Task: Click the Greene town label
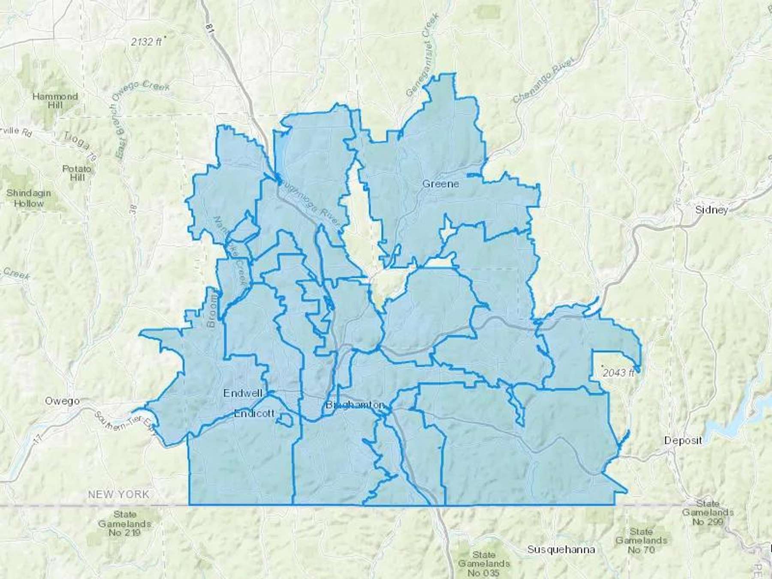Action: click(x=440, y=184)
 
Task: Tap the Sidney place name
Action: click(x=712, y=210)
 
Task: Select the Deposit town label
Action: click(x=683, y=440)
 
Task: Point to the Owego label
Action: click(x=62, y=401)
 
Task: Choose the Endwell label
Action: click(x=243, y=393)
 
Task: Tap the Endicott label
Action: click(x=254, y=413)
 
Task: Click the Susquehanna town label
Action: click(x=561, y=549)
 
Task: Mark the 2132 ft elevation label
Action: click(x=147, y=42)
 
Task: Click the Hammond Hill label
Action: click(x=55, y=101)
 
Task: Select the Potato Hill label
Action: click(x=77, y=173)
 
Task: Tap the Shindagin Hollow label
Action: click(x=29, y=198)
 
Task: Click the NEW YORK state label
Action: click(x=119, y=494)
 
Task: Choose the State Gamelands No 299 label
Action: click(x=708, y=513)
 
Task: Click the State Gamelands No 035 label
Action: click(x=484, y=564)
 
